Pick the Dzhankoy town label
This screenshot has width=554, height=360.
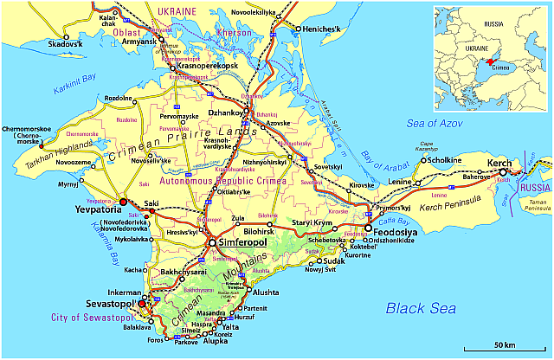[222, 112]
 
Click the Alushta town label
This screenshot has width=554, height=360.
[266, 293]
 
